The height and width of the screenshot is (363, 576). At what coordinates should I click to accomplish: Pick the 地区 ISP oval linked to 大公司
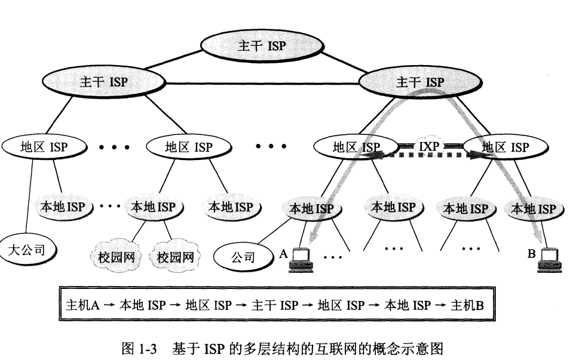tap(44, 146)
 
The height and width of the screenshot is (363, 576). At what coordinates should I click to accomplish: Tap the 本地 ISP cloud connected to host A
tap(311, 208)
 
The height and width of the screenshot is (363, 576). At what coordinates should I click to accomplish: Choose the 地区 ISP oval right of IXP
tap(505, 146)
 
